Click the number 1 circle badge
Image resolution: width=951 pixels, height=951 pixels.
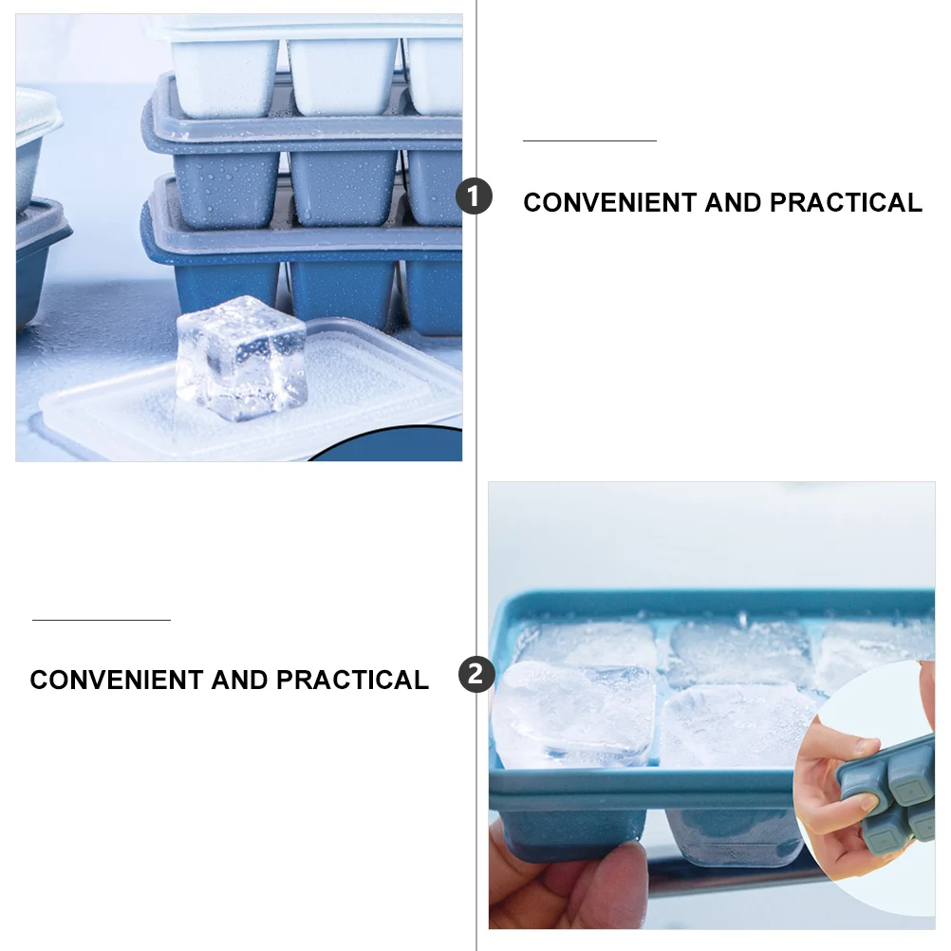474,197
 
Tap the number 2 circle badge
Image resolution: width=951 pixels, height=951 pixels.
475,675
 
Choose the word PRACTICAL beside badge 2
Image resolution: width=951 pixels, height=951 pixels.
352,681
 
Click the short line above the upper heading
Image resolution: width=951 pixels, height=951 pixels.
589,140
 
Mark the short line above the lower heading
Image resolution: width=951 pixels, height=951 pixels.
102,620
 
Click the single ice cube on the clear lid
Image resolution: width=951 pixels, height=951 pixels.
241,359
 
